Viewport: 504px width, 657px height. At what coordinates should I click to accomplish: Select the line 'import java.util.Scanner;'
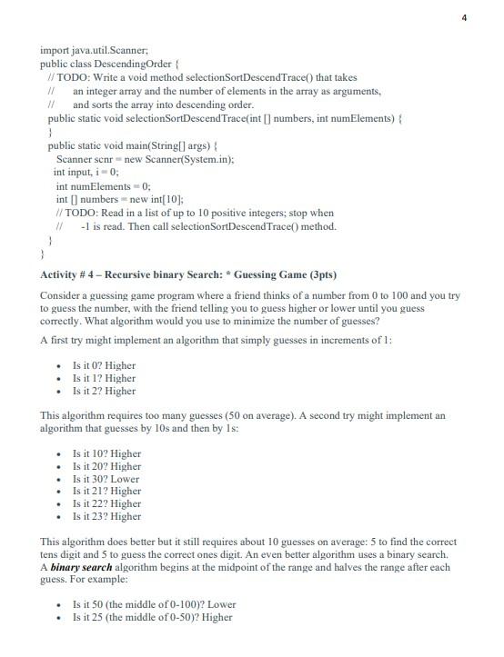pos(88,52)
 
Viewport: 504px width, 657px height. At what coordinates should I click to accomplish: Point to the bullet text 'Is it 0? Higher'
pos(103,365)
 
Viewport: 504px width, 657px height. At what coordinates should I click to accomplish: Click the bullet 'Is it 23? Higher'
pos(106,517)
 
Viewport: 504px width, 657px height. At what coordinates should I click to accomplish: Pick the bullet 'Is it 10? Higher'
pos(106,453)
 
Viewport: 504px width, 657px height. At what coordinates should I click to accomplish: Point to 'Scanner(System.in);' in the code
pos(191,159)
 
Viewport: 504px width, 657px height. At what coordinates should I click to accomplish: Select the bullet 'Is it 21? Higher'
pos(106,492)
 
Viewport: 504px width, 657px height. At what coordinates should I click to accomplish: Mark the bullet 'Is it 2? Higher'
pos(103,391)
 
